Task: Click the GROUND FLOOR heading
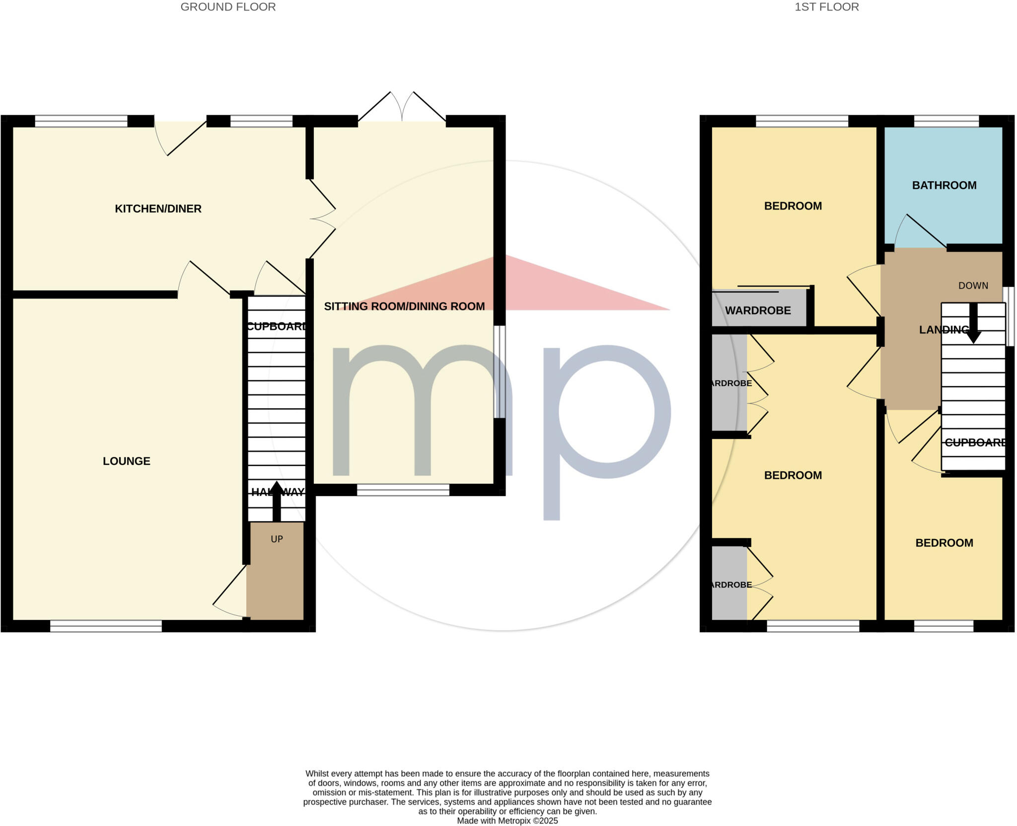[228, 7]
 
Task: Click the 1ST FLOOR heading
[826, 7]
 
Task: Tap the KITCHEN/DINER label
[158, 209]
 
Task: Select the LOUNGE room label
[126, 461]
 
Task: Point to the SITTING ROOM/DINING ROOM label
[404, 306]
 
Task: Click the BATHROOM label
[944, 185]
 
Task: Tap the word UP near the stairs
[277, 539]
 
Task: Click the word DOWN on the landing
[973, 286]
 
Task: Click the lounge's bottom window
[106, 626]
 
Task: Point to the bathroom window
[946, 121]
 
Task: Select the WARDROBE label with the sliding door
[757, 310]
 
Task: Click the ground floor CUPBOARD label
[276, 326]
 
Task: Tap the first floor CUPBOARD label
[975, 443]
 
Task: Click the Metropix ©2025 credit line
[507, 821]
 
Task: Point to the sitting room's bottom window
[403, 490]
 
